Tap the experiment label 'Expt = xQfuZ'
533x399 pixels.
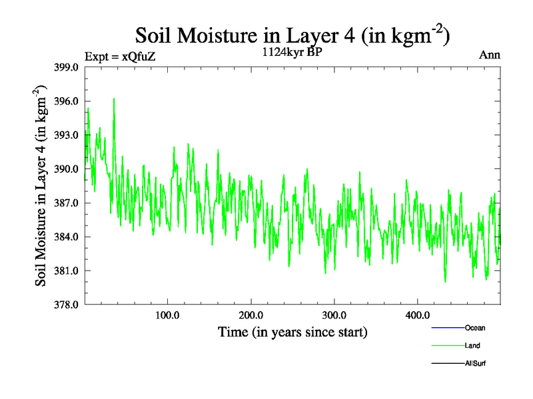point(121,57)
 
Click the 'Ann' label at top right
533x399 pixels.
point(489,55)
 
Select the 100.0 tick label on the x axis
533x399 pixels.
point(167,314)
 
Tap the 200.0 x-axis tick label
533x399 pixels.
point(251,314)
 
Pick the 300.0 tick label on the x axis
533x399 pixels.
point(334,314)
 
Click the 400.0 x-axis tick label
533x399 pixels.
point(417,314)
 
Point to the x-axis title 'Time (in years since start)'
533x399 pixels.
point(292,331)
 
